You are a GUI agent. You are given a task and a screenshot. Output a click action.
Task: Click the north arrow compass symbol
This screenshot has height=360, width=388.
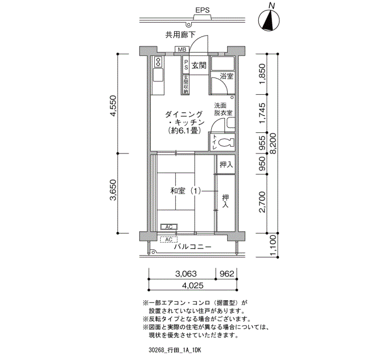tap(269, 20)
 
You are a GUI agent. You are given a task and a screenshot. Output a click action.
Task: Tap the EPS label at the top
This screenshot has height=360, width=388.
tap(202, 10)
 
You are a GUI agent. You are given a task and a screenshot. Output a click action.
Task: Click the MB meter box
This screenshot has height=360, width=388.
tap(182, 50)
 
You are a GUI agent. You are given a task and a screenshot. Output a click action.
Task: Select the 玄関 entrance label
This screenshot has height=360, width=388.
tap(199, 66)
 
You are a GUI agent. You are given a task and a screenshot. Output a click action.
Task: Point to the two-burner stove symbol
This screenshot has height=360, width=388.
tap(157, 62)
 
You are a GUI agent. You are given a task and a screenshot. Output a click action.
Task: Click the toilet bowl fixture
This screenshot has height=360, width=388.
tap(227, 143)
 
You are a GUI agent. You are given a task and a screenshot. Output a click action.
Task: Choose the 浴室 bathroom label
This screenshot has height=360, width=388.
tap(226, 76)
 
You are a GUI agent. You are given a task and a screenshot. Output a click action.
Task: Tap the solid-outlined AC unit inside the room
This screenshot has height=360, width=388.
tap(169, 227)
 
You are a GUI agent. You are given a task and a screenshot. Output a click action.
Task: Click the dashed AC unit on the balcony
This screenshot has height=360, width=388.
tap(169, 240)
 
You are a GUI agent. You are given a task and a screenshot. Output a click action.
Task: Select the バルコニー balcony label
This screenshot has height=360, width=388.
tap(193, 247)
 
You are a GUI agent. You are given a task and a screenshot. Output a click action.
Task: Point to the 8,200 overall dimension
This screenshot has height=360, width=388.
tap(273, 143)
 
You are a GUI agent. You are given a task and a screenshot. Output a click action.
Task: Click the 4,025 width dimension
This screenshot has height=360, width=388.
tap(193, 286)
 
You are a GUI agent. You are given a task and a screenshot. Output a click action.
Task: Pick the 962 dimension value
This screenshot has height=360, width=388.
tap(227, 274)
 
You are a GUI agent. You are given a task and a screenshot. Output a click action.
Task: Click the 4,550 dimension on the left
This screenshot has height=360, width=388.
tap(113, 106)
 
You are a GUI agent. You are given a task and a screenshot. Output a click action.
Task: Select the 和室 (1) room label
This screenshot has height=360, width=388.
tap(186, 191)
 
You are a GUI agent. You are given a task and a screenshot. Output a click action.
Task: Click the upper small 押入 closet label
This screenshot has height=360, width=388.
tap(226, 164)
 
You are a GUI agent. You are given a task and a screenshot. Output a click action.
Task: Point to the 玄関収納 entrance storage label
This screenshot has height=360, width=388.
tap(186, 85)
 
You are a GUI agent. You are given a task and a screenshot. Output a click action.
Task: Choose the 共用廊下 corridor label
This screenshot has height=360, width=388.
tap(180, 35)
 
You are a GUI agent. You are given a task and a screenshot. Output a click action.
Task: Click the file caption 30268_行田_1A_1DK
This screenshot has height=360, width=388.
tap(175, 350)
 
